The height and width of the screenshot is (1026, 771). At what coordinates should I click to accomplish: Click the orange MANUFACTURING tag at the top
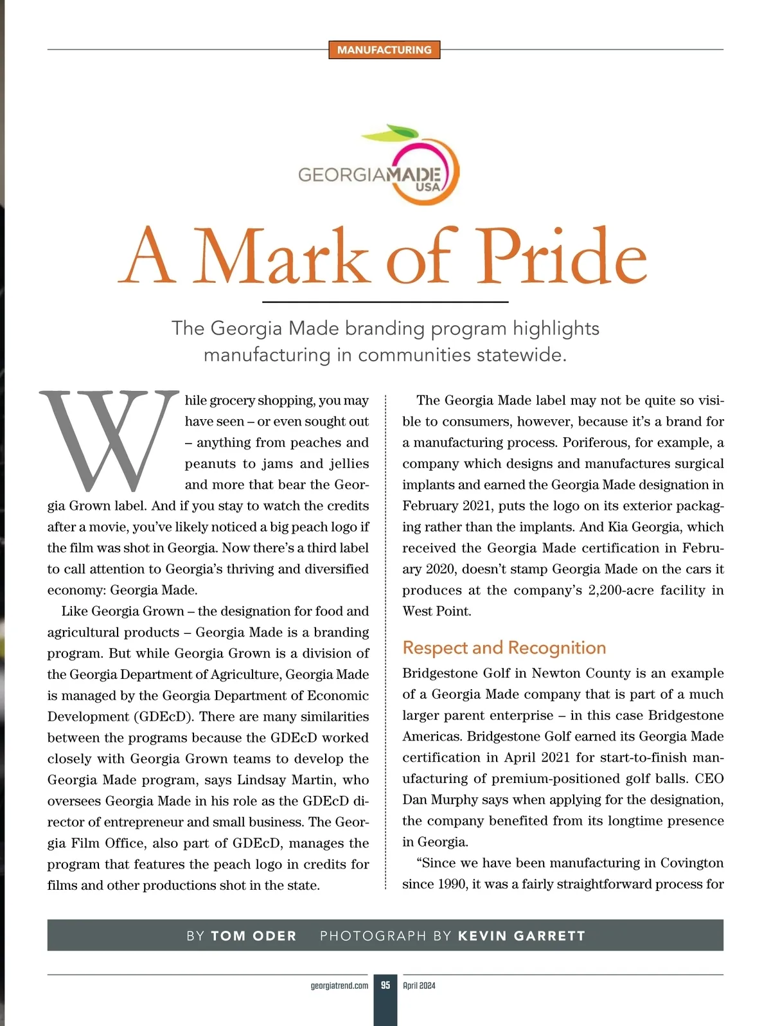pos(384,50)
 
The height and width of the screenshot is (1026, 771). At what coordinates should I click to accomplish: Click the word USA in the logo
pos(427,187)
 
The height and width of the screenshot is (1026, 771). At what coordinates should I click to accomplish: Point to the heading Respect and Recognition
pos(504,647)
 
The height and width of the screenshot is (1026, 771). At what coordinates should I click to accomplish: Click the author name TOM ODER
pos(254,936)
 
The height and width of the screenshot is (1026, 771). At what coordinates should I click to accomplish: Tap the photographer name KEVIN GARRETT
pos(521,936)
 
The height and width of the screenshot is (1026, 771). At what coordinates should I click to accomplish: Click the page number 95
pos(385,986)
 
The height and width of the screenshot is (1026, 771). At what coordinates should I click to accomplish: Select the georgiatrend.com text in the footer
pos(339,986)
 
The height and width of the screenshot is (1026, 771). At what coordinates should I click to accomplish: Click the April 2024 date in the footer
pos(419,986)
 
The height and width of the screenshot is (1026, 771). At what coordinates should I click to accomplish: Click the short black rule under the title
pos(385,301)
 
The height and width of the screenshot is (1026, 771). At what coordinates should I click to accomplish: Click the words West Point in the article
pos(436,611)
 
